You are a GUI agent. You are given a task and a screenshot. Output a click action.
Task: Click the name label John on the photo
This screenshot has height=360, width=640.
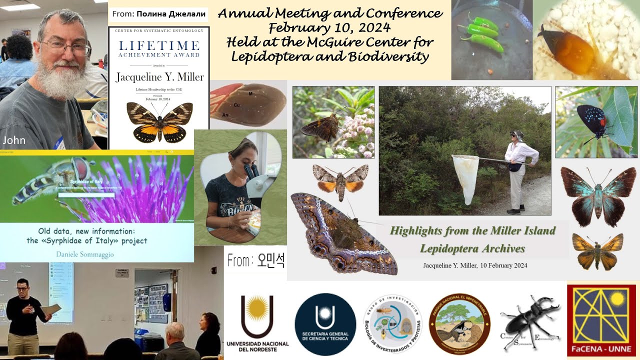click(x=14, y=140)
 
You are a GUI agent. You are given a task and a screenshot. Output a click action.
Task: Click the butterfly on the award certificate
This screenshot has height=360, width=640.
click(x=159, y=120)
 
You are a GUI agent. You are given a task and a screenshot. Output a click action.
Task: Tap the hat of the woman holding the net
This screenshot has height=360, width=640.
click(x=516, y=135)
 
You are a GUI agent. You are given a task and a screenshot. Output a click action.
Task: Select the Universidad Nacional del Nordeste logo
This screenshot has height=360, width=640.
click(x=257, y=322)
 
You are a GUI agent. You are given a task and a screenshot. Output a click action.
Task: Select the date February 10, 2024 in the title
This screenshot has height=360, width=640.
click(x=329, y=27)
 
